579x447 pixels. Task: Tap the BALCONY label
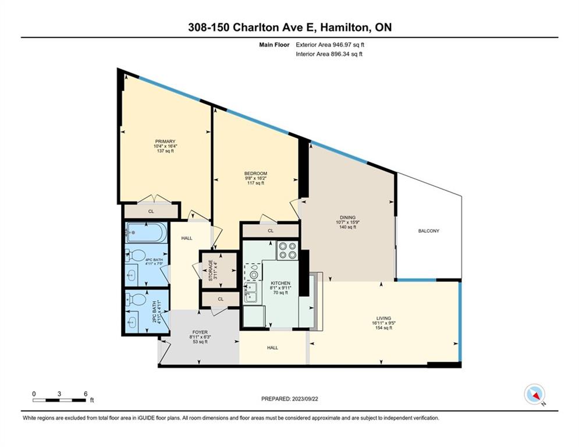point(428,231)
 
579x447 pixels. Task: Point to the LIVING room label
point(383,318)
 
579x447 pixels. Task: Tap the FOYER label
point(199,332)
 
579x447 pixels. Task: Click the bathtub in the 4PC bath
point(146,233)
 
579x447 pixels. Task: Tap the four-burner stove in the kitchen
point(286,250)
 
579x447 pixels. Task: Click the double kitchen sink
point(252,292)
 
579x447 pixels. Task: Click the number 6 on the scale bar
point(86,393)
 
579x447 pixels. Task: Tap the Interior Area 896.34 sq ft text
point(329,54)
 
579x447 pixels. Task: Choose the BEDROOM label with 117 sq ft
point(255,174)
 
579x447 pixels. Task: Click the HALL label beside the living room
point(272,347)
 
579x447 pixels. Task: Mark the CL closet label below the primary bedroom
point(151,212)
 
